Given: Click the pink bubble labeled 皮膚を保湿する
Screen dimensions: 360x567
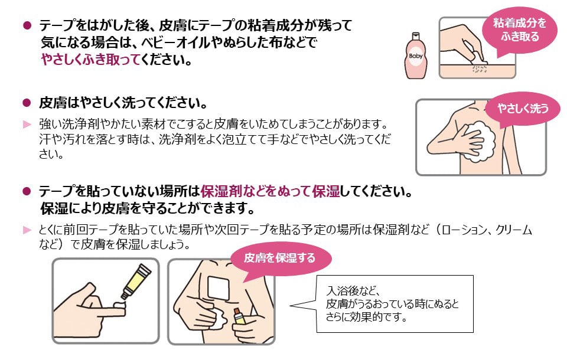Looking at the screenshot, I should [x=280, y=258].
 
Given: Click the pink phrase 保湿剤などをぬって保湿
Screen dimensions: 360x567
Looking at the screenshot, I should [x=270, y=192].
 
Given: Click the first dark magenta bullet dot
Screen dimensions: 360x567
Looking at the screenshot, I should [x=26, y=25].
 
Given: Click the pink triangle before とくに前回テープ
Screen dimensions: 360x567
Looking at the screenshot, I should [x=26, y=229].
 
